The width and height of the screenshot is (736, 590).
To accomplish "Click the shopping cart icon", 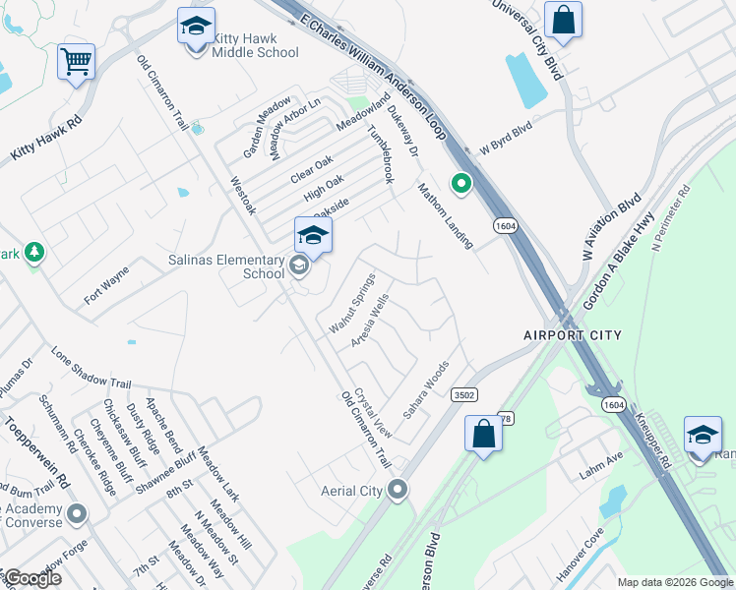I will (76, 62).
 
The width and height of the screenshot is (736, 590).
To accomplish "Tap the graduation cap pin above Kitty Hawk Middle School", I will (196, 28).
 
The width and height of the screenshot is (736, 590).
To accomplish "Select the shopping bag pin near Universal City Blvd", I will (563, 21).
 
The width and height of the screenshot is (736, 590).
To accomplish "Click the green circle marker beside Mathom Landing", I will (460, 184).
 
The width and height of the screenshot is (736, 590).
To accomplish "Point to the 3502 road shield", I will (464, 394).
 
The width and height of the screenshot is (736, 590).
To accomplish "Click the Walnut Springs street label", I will (352, 302).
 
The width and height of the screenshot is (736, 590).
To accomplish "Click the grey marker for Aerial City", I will (398, 489).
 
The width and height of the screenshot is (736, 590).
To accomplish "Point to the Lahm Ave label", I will (601, 459).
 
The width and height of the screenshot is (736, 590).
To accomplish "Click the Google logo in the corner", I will (31, 578).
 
